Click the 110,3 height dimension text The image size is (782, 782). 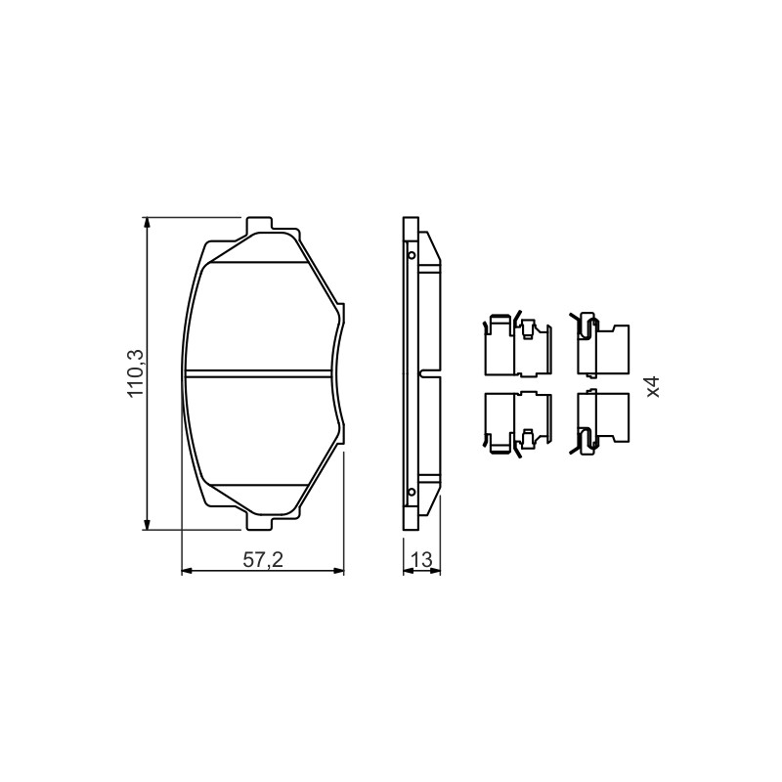(x=136, y=373)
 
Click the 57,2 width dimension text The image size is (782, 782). (x=263, y=560)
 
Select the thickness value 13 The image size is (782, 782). (x=422, y=560)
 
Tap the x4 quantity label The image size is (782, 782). (x=653, y=386)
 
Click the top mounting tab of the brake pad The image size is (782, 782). (x=259, y=224)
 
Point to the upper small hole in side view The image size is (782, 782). (x=412, y=255)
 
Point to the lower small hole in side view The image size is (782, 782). (x=412, y=493)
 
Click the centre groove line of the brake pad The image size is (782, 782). (x=258, y=373)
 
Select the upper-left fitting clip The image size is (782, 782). (x=518, y=345)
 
